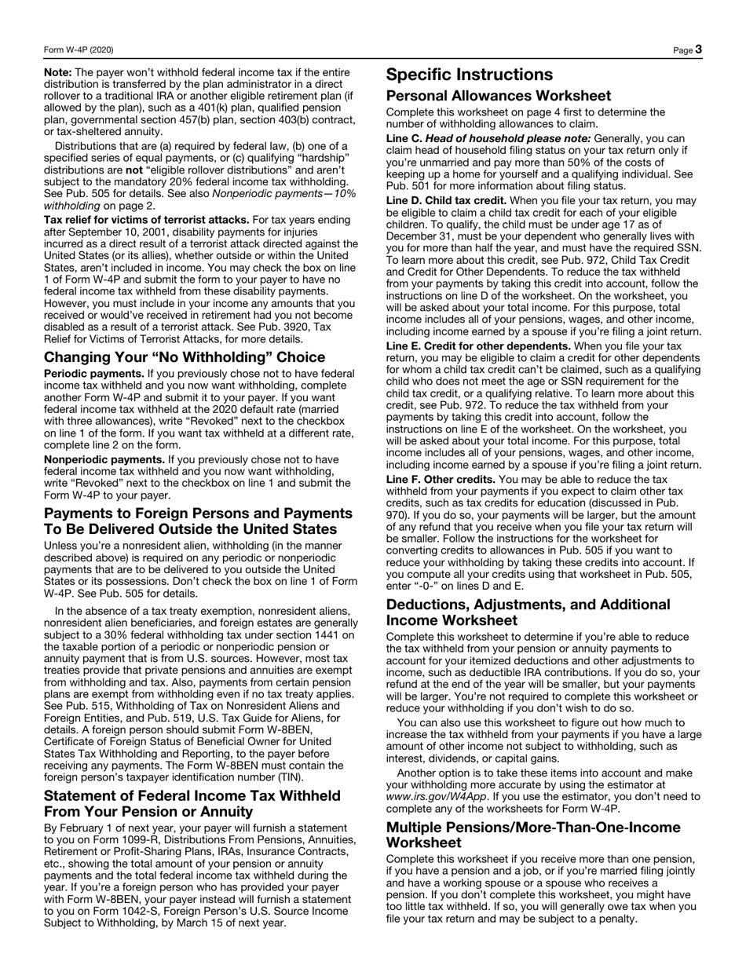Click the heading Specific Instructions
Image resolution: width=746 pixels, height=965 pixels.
(470, 75)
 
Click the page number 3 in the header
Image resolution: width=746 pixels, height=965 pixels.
(697, 49)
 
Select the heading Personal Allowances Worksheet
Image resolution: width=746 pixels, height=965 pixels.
(498, 96)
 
